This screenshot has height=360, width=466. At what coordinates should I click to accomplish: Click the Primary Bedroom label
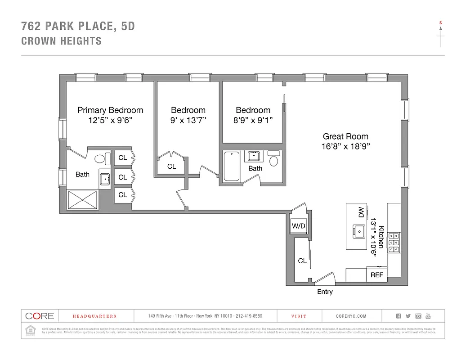[x=110, y=110]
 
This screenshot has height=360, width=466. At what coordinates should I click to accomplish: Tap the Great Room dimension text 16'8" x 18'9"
[x=345, y=146]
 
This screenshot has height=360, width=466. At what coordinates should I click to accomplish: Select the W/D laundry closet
[x=298, y=225]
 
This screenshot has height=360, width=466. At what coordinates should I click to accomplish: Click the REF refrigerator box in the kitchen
[x=376, y=274]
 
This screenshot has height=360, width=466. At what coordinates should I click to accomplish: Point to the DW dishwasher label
[x=361, y=212]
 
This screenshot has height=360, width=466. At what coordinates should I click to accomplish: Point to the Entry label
[x=325, y=292]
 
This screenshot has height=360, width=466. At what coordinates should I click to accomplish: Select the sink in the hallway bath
[x=253, y=156]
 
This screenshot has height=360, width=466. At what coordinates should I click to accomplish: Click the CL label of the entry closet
[x=302, y=261]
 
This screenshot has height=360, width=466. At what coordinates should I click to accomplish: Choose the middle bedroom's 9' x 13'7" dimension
[x=188, y=120]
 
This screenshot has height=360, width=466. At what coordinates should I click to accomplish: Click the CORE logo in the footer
[x=40, y=316]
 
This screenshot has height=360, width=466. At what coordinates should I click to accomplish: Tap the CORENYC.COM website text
[x=351, y=316]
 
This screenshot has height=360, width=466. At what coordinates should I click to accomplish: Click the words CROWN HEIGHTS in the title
[x=62, y=41]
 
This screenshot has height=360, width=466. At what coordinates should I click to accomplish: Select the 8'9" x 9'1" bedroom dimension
[x=253, y=120]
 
